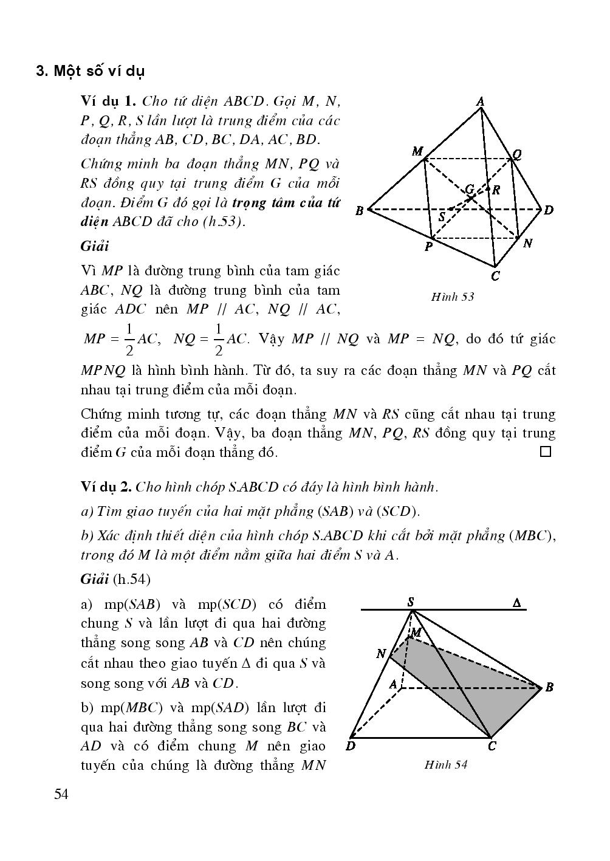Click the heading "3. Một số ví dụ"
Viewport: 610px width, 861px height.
click(x=91, y=71)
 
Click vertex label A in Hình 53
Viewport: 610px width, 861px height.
click(x=480, y=101)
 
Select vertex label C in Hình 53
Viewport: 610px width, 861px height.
click(x=495, y=276)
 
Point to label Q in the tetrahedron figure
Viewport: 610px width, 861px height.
click(x=517, y=154)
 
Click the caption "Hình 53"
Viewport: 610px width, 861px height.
click(x=452, y=297)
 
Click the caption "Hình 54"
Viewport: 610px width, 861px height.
click(x=446, y=765)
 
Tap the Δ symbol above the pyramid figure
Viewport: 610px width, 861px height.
click(x=516, y=603)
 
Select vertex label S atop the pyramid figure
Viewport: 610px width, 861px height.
click(x=411, y=602)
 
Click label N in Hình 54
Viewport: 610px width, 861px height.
click(x=381, y=654)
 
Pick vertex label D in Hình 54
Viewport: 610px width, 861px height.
click(x=351, y=746)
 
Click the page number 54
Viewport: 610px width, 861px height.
click(x=61, y=794)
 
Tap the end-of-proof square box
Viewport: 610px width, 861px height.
click(x=545, y=451)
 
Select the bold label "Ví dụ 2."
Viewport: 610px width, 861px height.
click(x=106, y=487)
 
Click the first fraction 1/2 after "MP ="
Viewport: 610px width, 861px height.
click(x=129, y=340)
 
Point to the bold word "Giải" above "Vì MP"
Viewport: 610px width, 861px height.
click(x=94, y=246)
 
